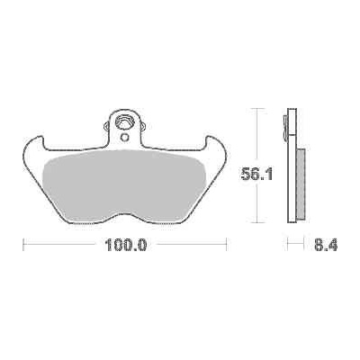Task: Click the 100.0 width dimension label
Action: click(x=125, y=245)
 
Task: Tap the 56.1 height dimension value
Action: click(x=257, y=174)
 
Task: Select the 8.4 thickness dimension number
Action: click(x=326, y=245)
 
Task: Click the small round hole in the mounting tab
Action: click(x=124, y=137)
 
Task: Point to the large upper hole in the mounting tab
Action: click(x=125, y=121)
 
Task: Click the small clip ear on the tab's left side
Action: click(x=106, y=126)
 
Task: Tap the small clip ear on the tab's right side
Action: click(x=143, y=126)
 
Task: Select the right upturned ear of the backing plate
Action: click(x=215, y=144)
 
